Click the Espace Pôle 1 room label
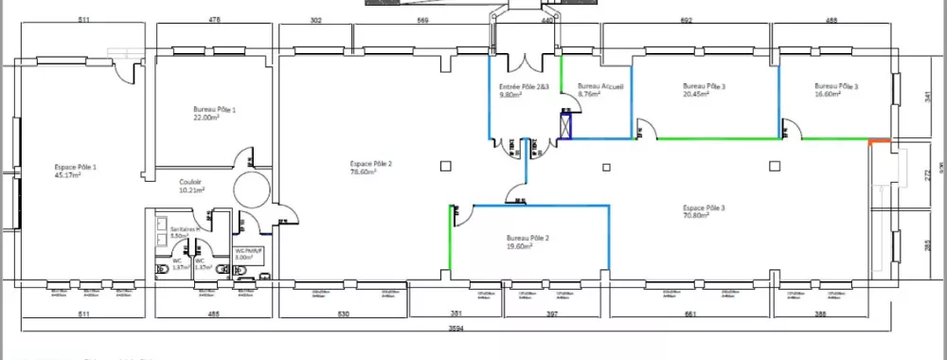[75, 167]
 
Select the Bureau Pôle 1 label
[214, 110]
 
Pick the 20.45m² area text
[704, 94]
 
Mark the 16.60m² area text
[835, 94]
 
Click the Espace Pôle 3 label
[704, 207]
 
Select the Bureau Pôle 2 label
[528, 237]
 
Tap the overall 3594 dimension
[456, 329]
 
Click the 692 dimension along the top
[687, 20]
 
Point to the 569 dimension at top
[423, 20]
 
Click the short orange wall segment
[881, 141]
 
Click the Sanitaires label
[184, 229]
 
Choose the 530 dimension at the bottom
[344, 314]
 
